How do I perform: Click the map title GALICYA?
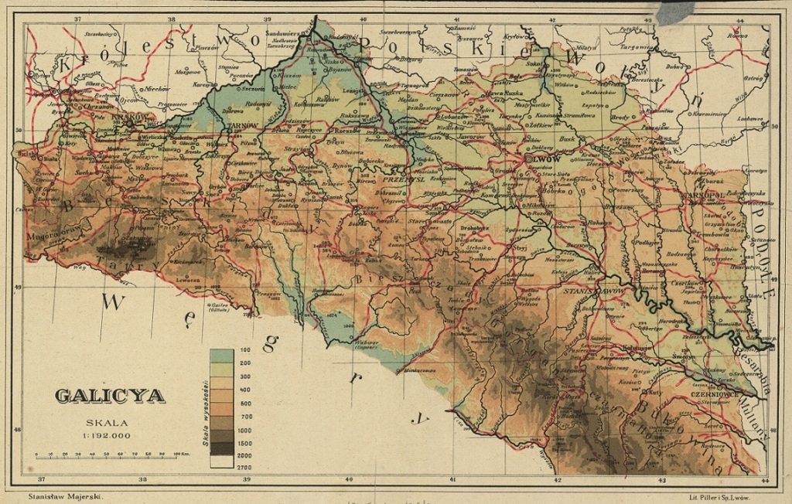(x=109, y=396)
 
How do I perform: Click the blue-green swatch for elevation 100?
(x=222, y=356)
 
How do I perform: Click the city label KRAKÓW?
(x=124, y=117)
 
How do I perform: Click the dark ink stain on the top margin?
(x=675, y=12)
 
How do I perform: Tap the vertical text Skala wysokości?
(x=203, y=410)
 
